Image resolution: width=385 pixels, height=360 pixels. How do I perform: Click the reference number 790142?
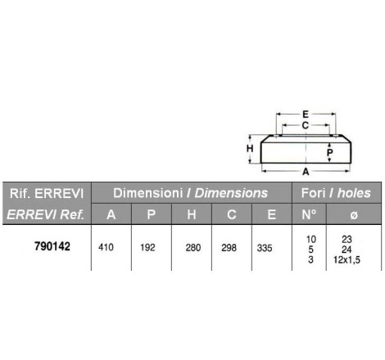pyautogui.click(x=52, y=246)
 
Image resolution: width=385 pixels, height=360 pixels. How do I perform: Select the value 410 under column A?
pyautogui.click(x=106, y=247)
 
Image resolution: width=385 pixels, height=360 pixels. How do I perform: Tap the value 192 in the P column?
pyautogui.click(x=147, y=247)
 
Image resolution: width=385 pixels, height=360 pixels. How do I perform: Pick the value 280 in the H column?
pyautogui.click(x=193, y=248)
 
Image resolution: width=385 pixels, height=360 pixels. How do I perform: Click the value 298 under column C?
pyautogui.click(x=229, y=248)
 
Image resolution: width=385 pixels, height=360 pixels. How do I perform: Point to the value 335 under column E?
pyautogui.click(x=265, y=248)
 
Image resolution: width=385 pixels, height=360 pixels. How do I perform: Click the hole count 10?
pyautogui.click(x=310, y=239)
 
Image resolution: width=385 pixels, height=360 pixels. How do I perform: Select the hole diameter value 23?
pyautogui.click(x=346, y=239)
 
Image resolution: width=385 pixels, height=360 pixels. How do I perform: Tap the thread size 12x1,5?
pyautogui.click(x=346, y=259)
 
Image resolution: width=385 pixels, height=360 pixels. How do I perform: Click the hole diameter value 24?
pyautogui.click(x=346, y=250)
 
